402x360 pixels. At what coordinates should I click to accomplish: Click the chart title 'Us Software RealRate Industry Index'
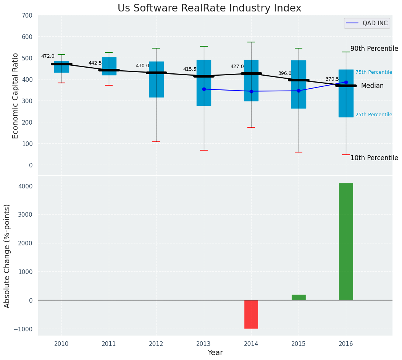[x=209, y=8]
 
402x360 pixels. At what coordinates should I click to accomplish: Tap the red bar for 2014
[x=251, y=314]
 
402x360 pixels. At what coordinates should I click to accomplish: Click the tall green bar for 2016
[x=346, y=242]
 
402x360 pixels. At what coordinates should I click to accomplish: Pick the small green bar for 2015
[x=299, y=297]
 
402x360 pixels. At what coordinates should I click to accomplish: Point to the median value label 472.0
[x=48, y=57]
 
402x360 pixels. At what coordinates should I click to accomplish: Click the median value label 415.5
[x=190, y=69]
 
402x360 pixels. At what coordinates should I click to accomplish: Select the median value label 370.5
[x=332, y=79]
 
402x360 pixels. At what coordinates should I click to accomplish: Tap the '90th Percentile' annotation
[x=374, y=49]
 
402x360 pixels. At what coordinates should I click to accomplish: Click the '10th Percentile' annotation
[x=374, y=158]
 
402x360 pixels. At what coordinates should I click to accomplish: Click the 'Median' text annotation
[x=372, y=86]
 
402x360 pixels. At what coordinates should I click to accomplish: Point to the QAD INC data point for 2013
[x=204, y=89]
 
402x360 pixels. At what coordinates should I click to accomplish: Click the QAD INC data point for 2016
[x=346, y=82]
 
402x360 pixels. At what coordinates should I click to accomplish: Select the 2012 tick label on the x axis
[x=156, y=344]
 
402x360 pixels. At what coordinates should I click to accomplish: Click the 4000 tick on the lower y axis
[x=25, y=186]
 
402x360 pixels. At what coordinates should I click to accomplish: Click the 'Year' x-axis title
[x=215, y=353]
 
